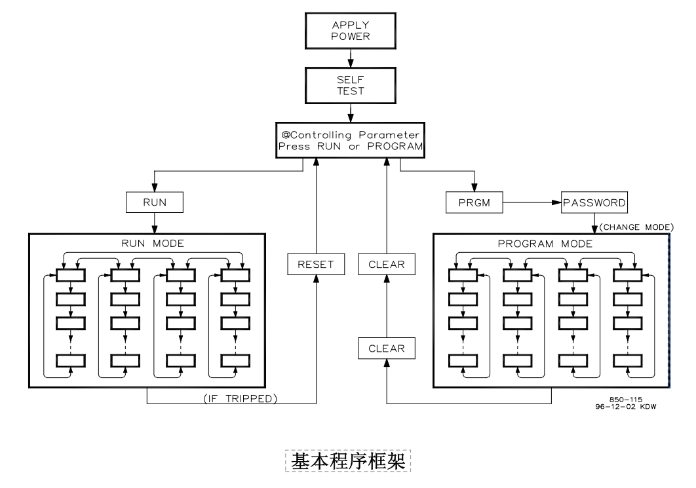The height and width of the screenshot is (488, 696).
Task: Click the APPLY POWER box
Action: point(351,31)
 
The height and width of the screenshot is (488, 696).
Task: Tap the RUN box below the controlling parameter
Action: point(155,204)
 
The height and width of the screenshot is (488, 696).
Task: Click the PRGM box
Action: point(471,204)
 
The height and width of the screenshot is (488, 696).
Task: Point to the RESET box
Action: point(316,265)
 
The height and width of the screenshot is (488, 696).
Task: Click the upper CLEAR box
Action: point(387,265)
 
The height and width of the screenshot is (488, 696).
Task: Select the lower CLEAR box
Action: point(387,348)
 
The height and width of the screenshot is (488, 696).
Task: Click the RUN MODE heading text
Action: point(154,242)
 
